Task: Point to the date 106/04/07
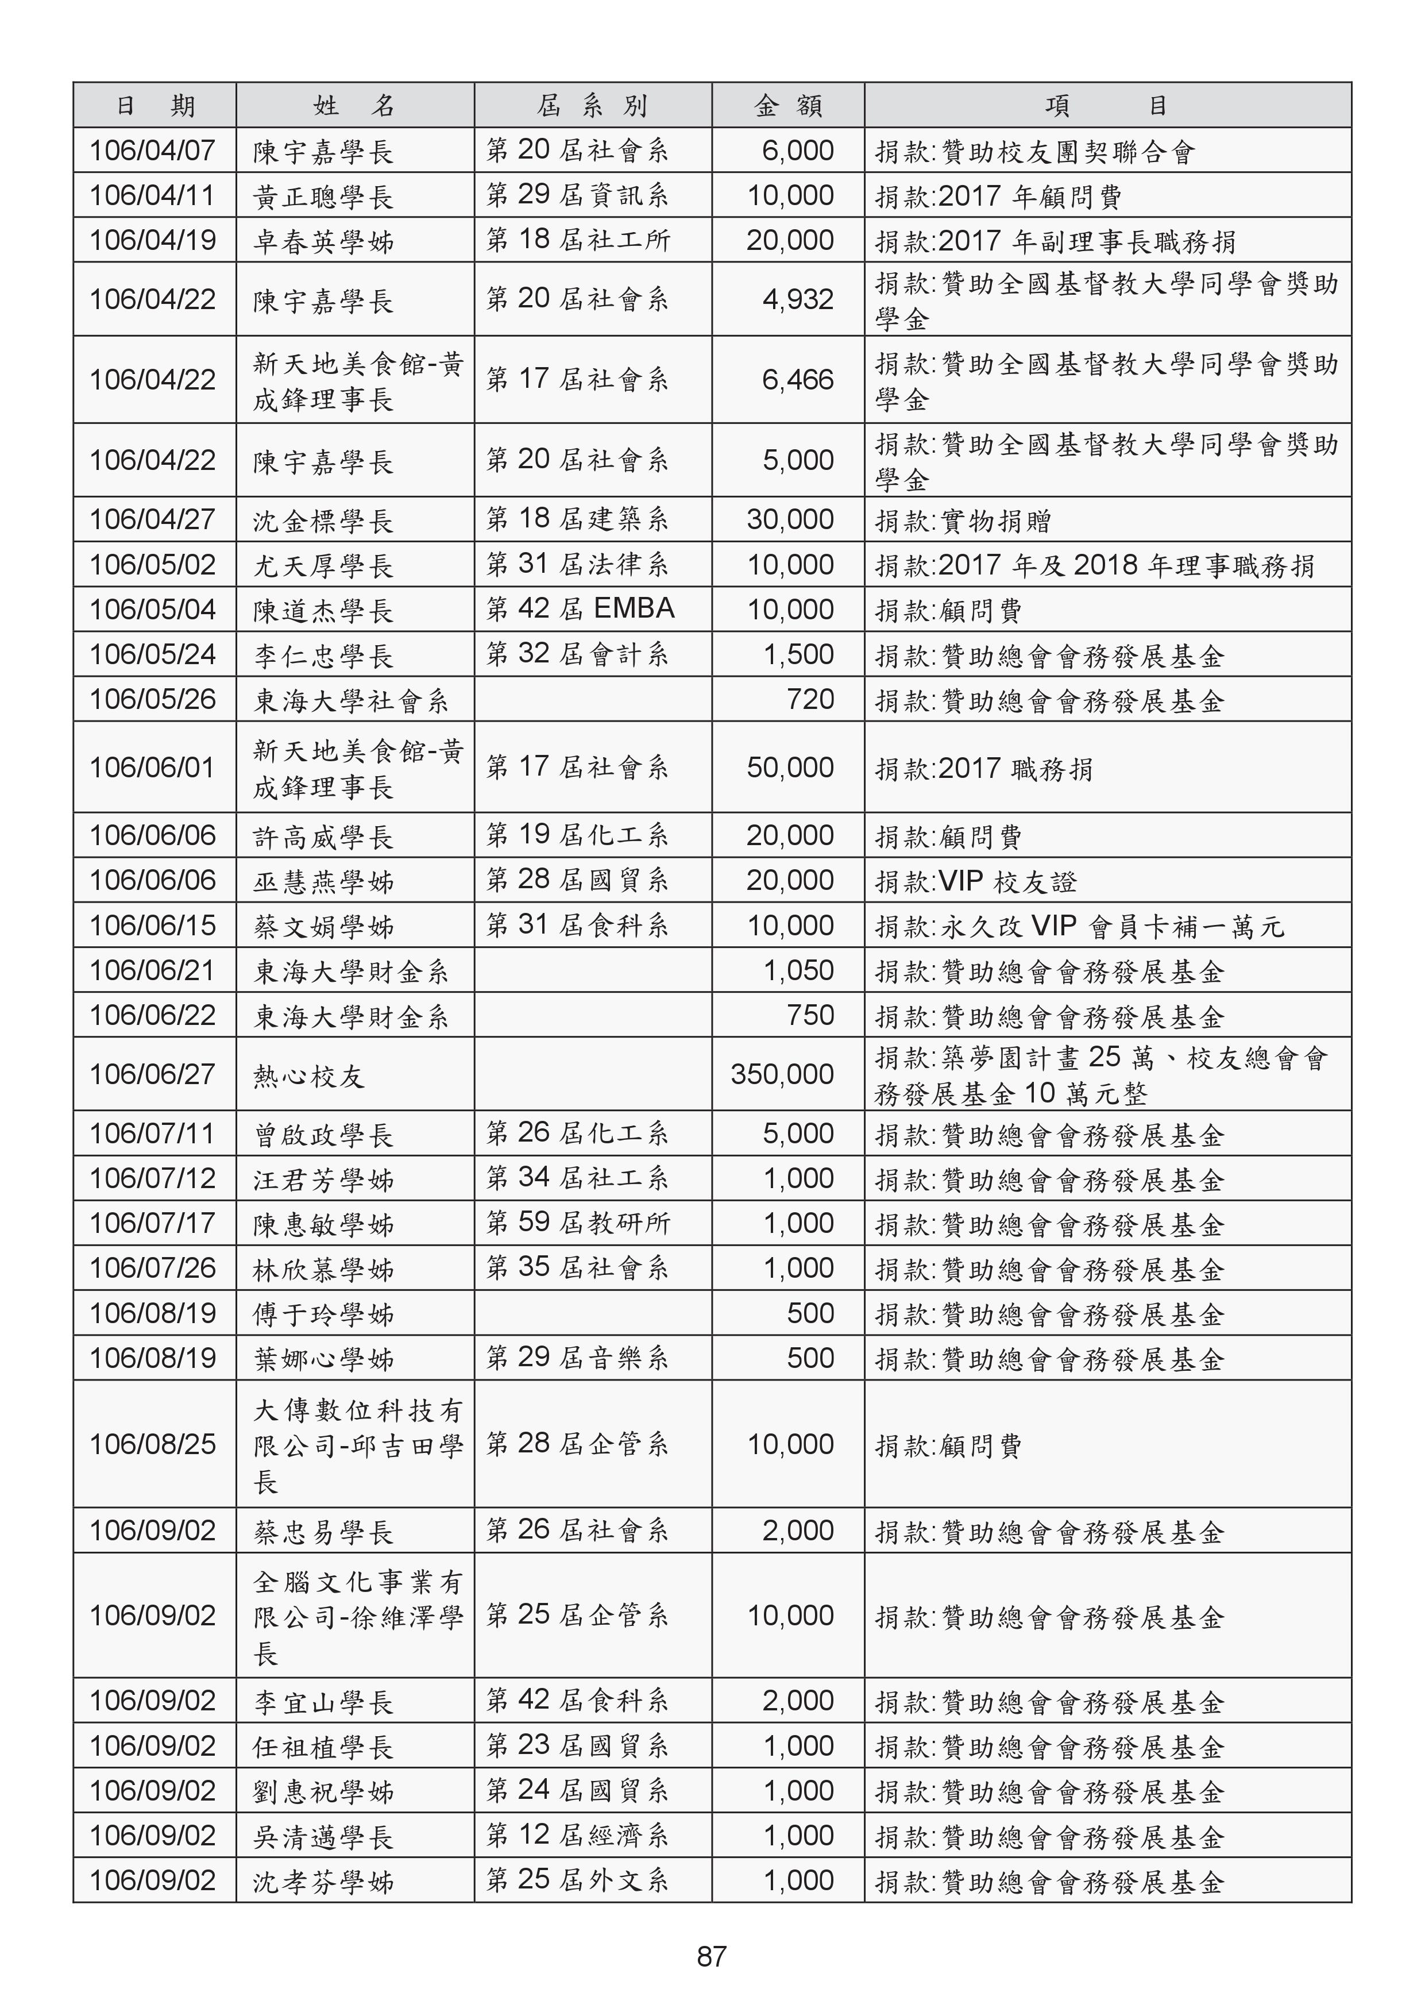point(153,150)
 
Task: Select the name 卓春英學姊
point(323,241)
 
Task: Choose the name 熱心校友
point(309,1076)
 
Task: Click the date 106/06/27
point(153,1074)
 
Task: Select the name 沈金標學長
point(323,521)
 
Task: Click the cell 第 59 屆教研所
point(578,1223)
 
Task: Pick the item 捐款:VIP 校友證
point(975,881)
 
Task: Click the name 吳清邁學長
point(323,1837)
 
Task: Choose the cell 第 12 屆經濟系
point(578,1835)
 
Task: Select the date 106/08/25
point(153,1444)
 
